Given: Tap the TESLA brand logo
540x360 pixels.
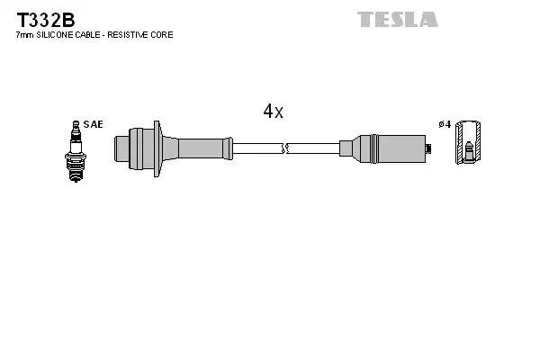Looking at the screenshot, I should tap(397, 19).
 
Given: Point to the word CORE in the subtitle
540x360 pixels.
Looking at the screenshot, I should tap(162, 35).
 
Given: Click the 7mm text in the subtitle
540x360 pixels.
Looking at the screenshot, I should tap(24, 35).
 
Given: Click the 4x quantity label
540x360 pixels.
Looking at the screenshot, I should tap(273, 112).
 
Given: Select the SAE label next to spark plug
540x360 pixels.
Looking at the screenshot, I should tap(93, 124).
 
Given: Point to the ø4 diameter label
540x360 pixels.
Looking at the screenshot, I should tap(443, 124).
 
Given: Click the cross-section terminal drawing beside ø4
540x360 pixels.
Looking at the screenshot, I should tap(467, 144).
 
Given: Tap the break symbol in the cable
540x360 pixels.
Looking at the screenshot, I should tap(284, 146).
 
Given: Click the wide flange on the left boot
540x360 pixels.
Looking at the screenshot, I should tap(157, 145).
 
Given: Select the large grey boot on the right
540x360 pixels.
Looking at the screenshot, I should tap(396, 146).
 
